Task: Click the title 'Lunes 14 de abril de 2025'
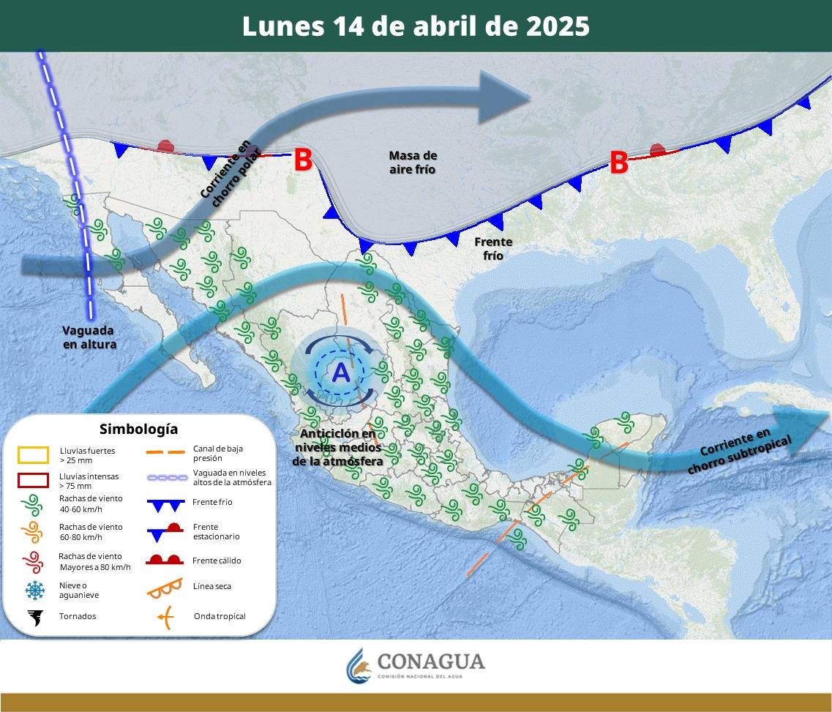coord(416,26)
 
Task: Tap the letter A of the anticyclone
coord(341,372)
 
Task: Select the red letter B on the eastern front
coord(619,163)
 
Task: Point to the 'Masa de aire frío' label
coord(413,162)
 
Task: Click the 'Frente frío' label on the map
coord(493,249)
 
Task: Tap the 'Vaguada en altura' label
coord(89,337)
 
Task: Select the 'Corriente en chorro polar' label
coord(225,173)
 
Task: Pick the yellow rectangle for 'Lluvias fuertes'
coord(33,455)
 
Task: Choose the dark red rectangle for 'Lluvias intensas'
coord(33,481)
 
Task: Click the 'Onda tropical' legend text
coord(220,616)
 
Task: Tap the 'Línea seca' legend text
coord(212,586)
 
